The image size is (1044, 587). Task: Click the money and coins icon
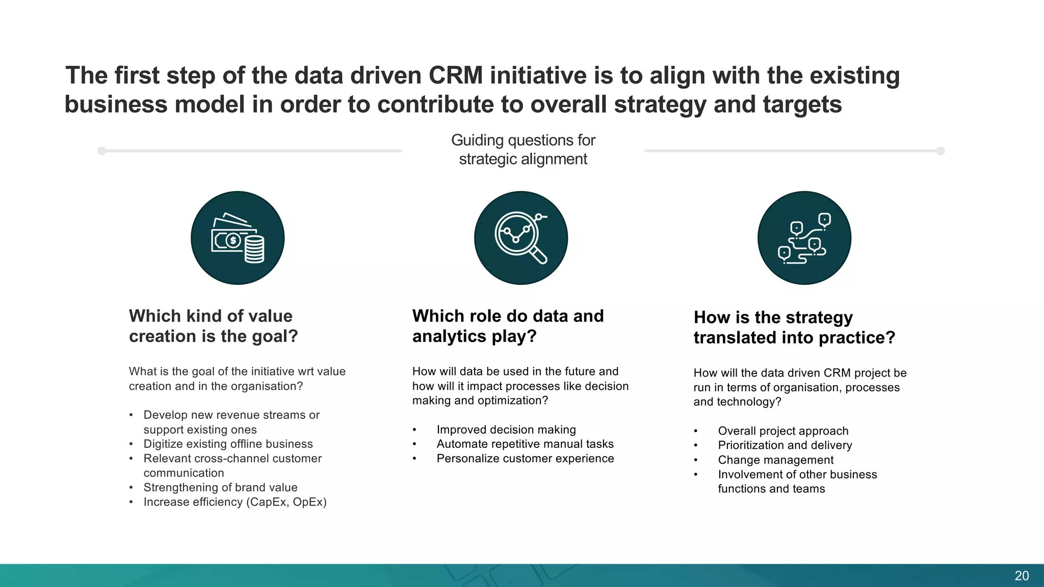tap(238, 238)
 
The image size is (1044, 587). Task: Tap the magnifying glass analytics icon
tap(520, 238)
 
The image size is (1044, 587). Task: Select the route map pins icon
tap(804, 238)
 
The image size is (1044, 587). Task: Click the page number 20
tap(1021, 576)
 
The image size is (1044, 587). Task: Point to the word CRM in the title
tap(455, 75)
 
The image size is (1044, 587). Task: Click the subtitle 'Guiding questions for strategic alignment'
tap(523, 149)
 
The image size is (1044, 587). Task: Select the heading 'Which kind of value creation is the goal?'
tap(213, 326)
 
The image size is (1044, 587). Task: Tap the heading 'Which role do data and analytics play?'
tap(508, 326)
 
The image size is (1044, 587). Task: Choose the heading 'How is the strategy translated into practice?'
tap(794, 327)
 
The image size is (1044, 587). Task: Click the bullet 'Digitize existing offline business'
tap(228, 444)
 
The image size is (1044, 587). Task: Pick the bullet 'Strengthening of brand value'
tap(220, 488)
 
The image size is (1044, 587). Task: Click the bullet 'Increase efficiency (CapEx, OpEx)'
tap(234, 502)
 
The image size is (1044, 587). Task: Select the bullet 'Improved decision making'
tap(506, 430)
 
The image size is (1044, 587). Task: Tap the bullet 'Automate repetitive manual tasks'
tap(525, 444)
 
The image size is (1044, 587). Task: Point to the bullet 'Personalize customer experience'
tap(525, 459)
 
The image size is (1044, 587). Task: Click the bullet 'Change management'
tap(775, 460)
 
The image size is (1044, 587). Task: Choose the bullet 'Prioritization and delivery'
tap(785, 445)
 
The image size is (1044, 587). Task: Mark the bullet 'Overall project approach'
tap(783, 431)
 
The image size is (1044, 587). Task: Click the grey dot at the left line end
tap(101, 151)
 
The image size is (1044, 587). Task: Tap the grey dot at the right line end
tap(941, 151)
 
